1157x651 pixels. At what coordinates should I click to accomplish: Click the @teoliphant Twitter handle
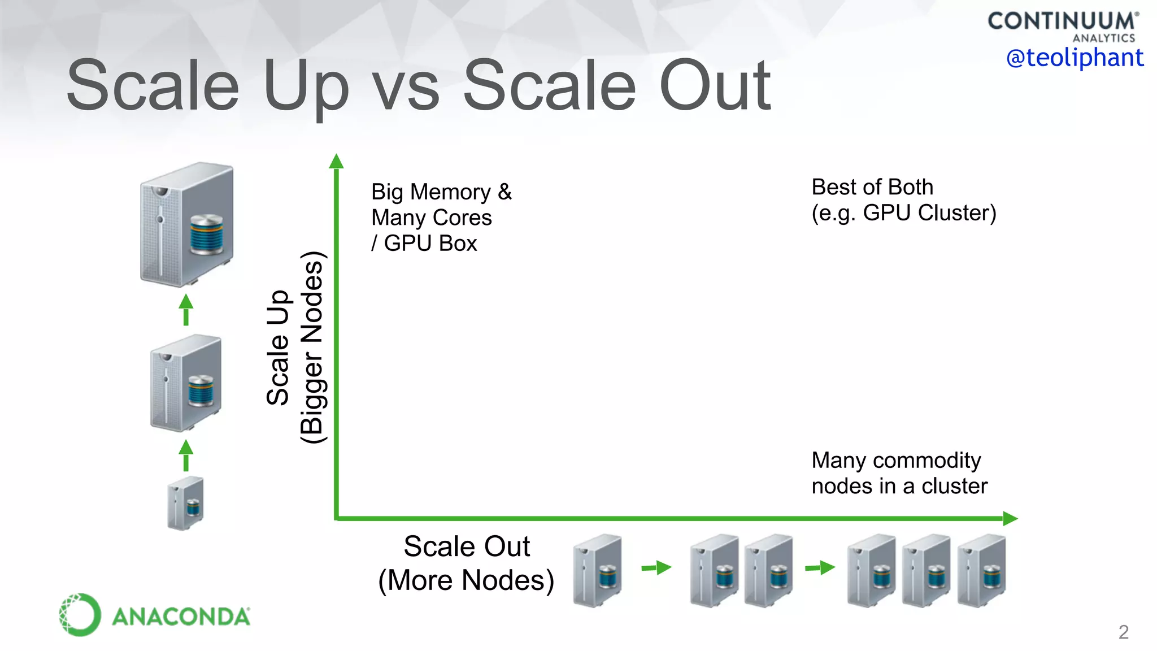pos(1075,58)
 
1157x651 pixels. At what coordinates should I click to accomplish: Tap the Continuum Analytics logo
pos(1062,26)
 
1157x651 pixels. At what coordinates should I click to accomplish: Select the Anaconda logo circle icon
pos(80,615)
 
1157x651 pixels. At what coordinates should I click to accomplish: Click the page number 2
pos(1123,632)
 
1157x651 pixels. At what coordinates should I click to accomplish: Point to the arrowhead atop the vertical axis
pos(337,162)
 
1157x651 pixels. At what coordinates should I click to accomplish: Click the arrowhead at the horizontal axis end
pos(1010,518)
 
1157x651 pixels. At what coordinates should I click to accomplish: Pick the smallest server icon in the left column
pos(186,503)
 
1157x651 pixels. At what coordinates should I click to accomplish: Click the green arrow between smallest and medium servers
pos(186,455)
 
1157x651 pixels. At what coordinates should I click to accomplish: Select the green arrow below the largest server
pos(186,309)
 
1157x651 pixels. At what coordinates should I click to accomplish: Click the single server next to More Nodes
pos(597,570)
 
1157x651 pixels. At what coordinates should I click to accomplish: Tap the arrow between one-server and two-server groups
pos(656,567)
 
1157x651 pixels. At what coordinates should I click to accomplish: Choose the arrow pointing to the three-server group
pos(820,567)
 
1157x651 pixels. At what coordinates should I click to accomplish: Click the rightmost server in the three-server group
pos(982,570)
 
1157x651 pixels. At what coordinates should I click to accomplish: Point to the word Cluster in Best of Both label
pos(957,213)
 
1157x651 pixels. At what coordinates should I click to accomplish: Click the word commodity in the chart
pos(927,461)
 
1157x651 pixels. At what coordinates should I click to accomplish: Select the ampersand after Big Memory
pos(504,192)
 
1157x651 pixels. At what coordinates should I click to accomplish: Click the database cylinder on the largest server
pos(206,234)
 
